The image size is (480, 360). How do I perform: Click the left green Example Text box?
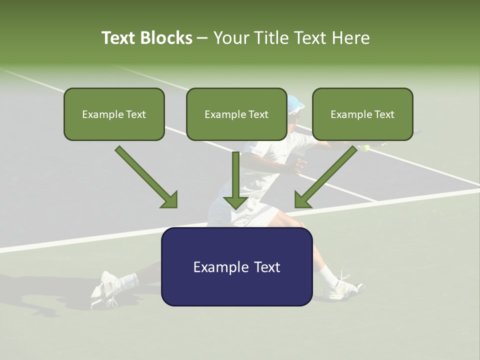[114, 114]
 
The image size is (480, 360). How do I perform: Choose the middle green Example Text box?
[236, 114]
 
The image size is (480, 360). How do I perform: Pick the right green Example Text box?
[362, 114]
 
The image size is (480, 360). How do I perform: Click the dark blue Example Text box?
[236, 266]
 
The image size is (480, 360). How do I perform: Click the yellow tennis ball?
[365, 148]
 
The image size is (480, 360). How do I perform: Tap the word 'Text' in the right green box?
[384, 114]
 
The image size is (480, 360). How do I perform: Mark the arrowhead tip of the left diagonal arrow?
[176, 207]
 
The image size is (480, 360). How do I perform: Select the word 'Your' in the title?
[231, 38]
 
